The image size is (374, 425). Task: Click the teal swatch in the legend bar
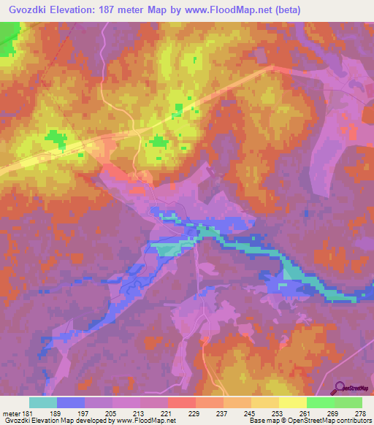point(42,402)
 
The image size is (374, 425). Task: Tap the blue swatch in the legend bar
point(70,402)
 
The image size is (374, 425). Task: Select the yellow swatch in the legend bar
point(292,402)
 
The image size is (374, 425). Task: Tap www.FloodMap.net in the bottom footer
point(145,421)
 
